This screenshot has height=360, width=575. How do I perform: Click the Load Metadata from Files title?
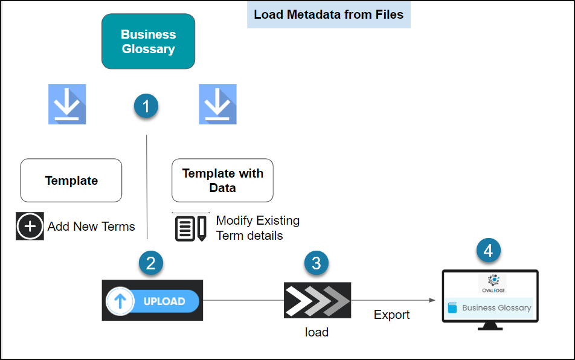(x=329, y=14)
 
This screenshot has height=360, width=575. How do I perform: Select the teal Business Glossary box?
(x=148, y=42)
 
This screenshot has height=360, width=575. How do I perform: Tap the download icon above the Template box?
(x=67, y=104)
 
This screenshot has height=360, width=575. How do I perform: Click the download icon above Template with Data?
(x=217, y=104)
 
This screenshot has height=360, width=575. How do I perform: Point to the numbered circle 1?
(x=146, y=106)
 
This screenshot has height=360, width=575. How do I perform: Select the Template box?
(x=71, y=181)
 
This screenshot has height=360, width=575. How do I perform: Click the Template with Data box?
(x=222, y=181)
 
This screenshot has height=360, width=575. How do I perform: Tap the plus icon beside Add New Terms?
(x=30, y=227)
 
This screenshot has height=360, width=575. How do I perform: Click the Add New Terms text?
(x=91, y=227)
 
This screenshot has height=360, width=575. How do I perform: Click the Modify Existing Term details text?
(x=257, y=228)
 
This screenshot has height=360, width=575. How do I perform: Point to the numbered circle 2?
(x=150, y=263)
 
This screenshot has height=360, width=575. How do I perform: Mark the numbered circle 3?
(x=316, y=263)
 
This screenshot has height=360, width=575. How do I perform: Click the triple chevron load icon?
(x=317, y=300)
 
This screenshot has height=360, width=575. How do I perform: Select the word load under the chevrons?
(x=316, y=332)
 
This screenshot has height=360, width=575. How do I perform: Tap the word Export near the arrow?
(x=391, y=315)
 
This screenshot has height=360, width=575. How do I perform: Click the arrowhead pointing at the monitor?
(x=432, y=300)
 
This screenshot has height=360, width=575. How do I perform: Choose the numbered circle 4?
(x=489, y=250)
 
